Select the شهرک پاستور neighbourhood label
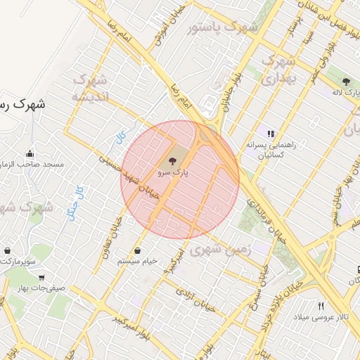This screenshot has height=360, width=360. (223, 29)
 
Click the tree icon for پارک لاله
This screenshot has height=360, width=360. (345, 82)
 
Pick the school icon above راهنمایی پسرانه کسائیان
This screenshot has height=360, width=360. (270, 132)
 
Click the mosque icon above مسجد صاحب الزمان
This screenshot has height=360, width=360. (30, 154)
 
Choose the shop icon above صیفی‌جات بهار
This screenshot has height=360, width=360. (41, 277)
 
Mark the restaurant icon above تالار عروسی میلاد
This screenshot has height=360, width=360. (321, 306)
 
